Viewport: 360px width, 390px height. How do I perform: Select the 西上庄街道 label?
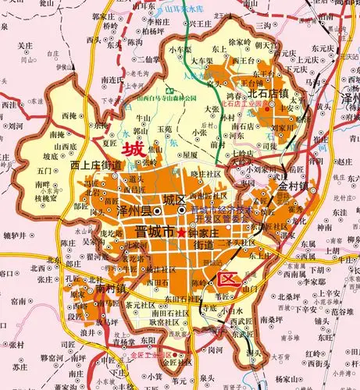coord(95,165)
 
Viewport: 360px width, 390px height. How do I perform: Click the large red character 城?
coord(134,148)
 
